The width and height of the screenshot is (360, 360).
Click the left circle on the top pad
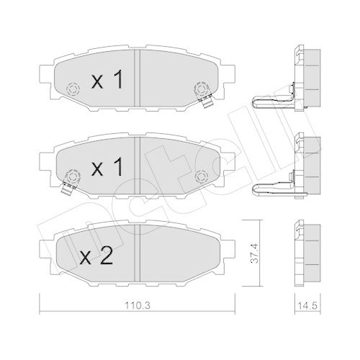point(71,90)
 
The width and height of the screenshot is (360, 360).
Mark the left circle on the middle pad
point(71,175)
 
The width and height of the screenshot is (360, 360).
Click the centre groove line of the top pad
point(137,79)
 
